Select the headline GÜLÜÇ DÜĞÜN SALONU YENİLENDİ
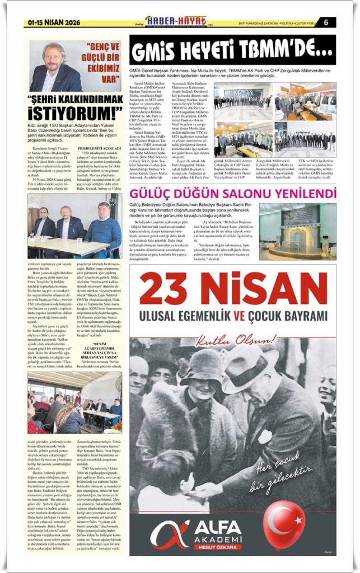click(x=233, y=194)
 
